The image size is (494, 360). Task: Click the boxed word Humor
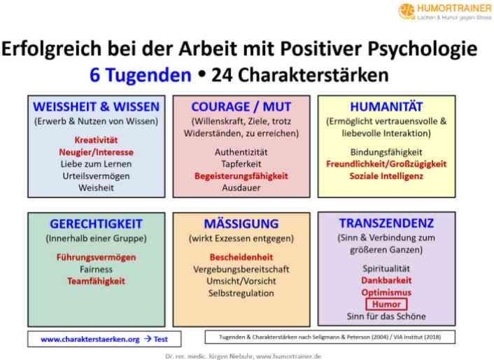[386, 304]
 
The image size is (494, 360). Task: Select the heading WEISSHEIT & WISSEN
[97, 107]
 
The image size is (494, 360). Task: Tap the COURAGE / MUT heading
[241, 107]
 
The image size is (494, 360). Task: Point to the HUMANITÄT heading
[386, 106]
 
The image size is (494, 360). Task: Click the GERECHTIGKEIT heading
[97, 224]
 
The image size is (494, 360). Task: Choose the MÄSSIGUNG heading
[241, 223]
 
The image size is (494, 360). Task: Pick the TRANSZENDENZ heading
[386, 223]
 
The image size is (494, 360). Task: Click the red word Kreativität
[96, 140]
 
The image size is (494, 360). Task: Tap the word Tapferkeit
[241, 164]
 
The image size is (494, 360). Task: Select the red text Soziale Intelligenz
[386, 176]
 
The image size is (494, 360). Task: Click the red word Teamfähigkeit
[96, 281]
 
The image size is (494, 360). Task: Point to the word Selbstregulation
[241, 293]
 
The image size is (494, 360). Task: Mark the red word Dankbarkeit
[386, 280]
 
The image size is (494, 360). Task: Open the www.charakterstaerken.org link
[90, 339]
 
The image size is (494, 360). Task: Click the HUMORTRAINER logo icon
[407, 11]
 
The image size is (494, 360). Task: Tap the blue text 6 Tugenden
[141, 76]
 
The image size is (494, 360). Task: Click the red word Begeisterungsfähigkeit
[241, 176]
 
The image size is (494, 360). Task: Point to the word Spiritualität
[386, 268]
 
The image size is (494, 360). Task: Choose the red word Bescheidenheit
[241, 257]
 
